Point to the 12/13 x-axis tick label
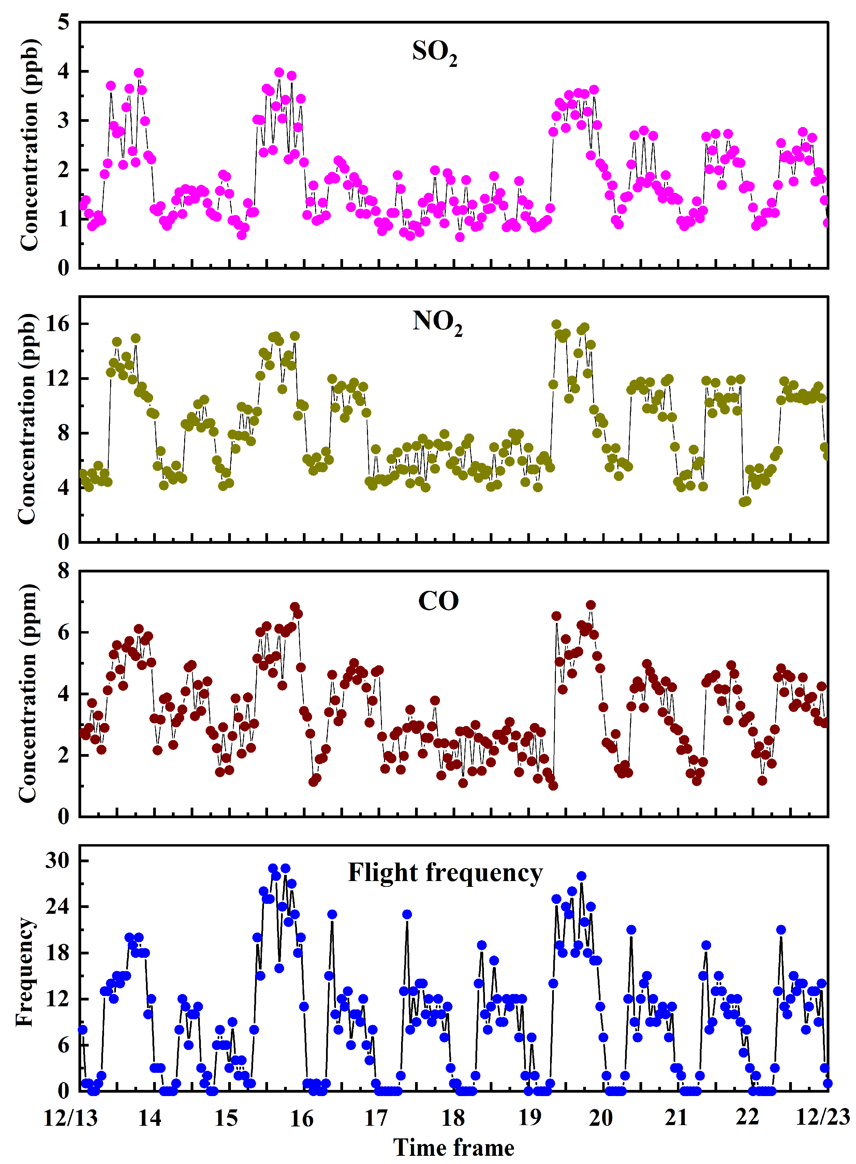pyautogui.click(x=71, y=1118)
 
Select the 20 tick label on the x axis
pyautogui.click(x=601, y=1118)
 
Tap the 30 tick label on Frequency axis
pyautogui.click(x=57, y=861)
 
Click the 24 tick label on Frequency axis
pyautogui.click(x=57, y=907)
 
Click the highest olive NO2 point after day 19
pyautogui.click(x=557, y=325)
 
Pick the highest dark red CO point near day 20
pyautogui.click(x=591, y=605)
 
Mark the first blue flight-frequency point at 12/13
pyautogui.click(x=83, y=1030)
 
